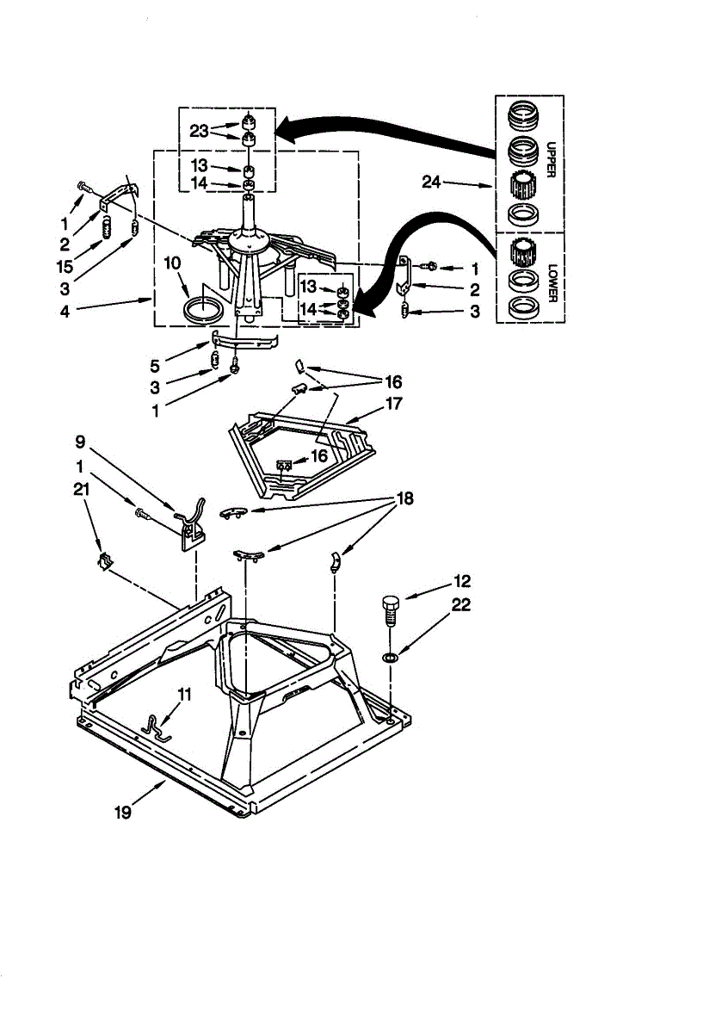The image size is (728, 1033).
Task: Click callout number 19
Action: [123, 812]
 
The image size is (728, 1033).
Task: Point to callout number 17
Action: [394, 402]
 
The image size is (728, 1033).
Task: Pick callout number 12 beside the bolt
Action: [461, 581]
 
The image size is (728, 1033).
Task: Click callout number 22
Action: [461, 605]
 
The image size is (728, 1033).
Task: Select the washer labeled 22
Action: [390, 659]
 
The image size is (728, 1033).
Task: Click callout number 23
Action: [200, 131]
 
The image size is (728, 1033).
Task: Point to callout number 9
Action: [80, 442]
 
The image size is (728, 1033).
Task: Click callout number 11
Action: [183, 693]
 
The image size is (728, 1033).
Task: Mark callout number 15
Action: [65, 267]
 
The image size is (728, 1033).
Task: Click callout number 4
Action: [65, 312]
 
